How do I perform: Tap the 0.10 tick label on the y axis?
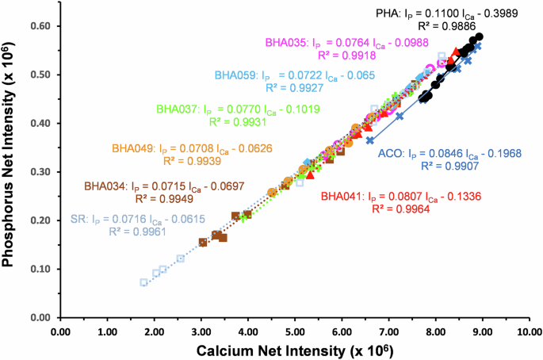[40, 270]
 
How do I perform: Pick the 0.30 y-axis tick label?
[40, 172]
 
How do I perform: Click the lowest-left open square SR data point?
[143, 282]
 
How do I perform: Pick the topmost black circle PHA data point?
[478, 36]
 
